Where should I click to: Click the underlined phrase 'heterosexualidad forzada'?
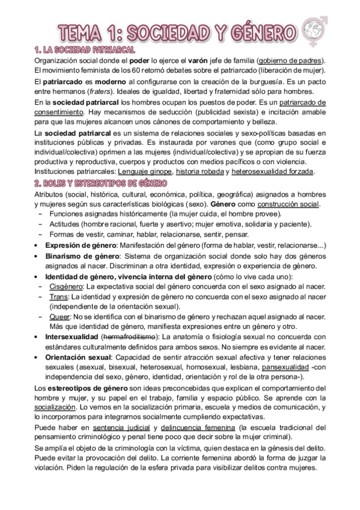273,171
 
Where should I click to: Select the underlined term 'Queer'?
59,316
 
